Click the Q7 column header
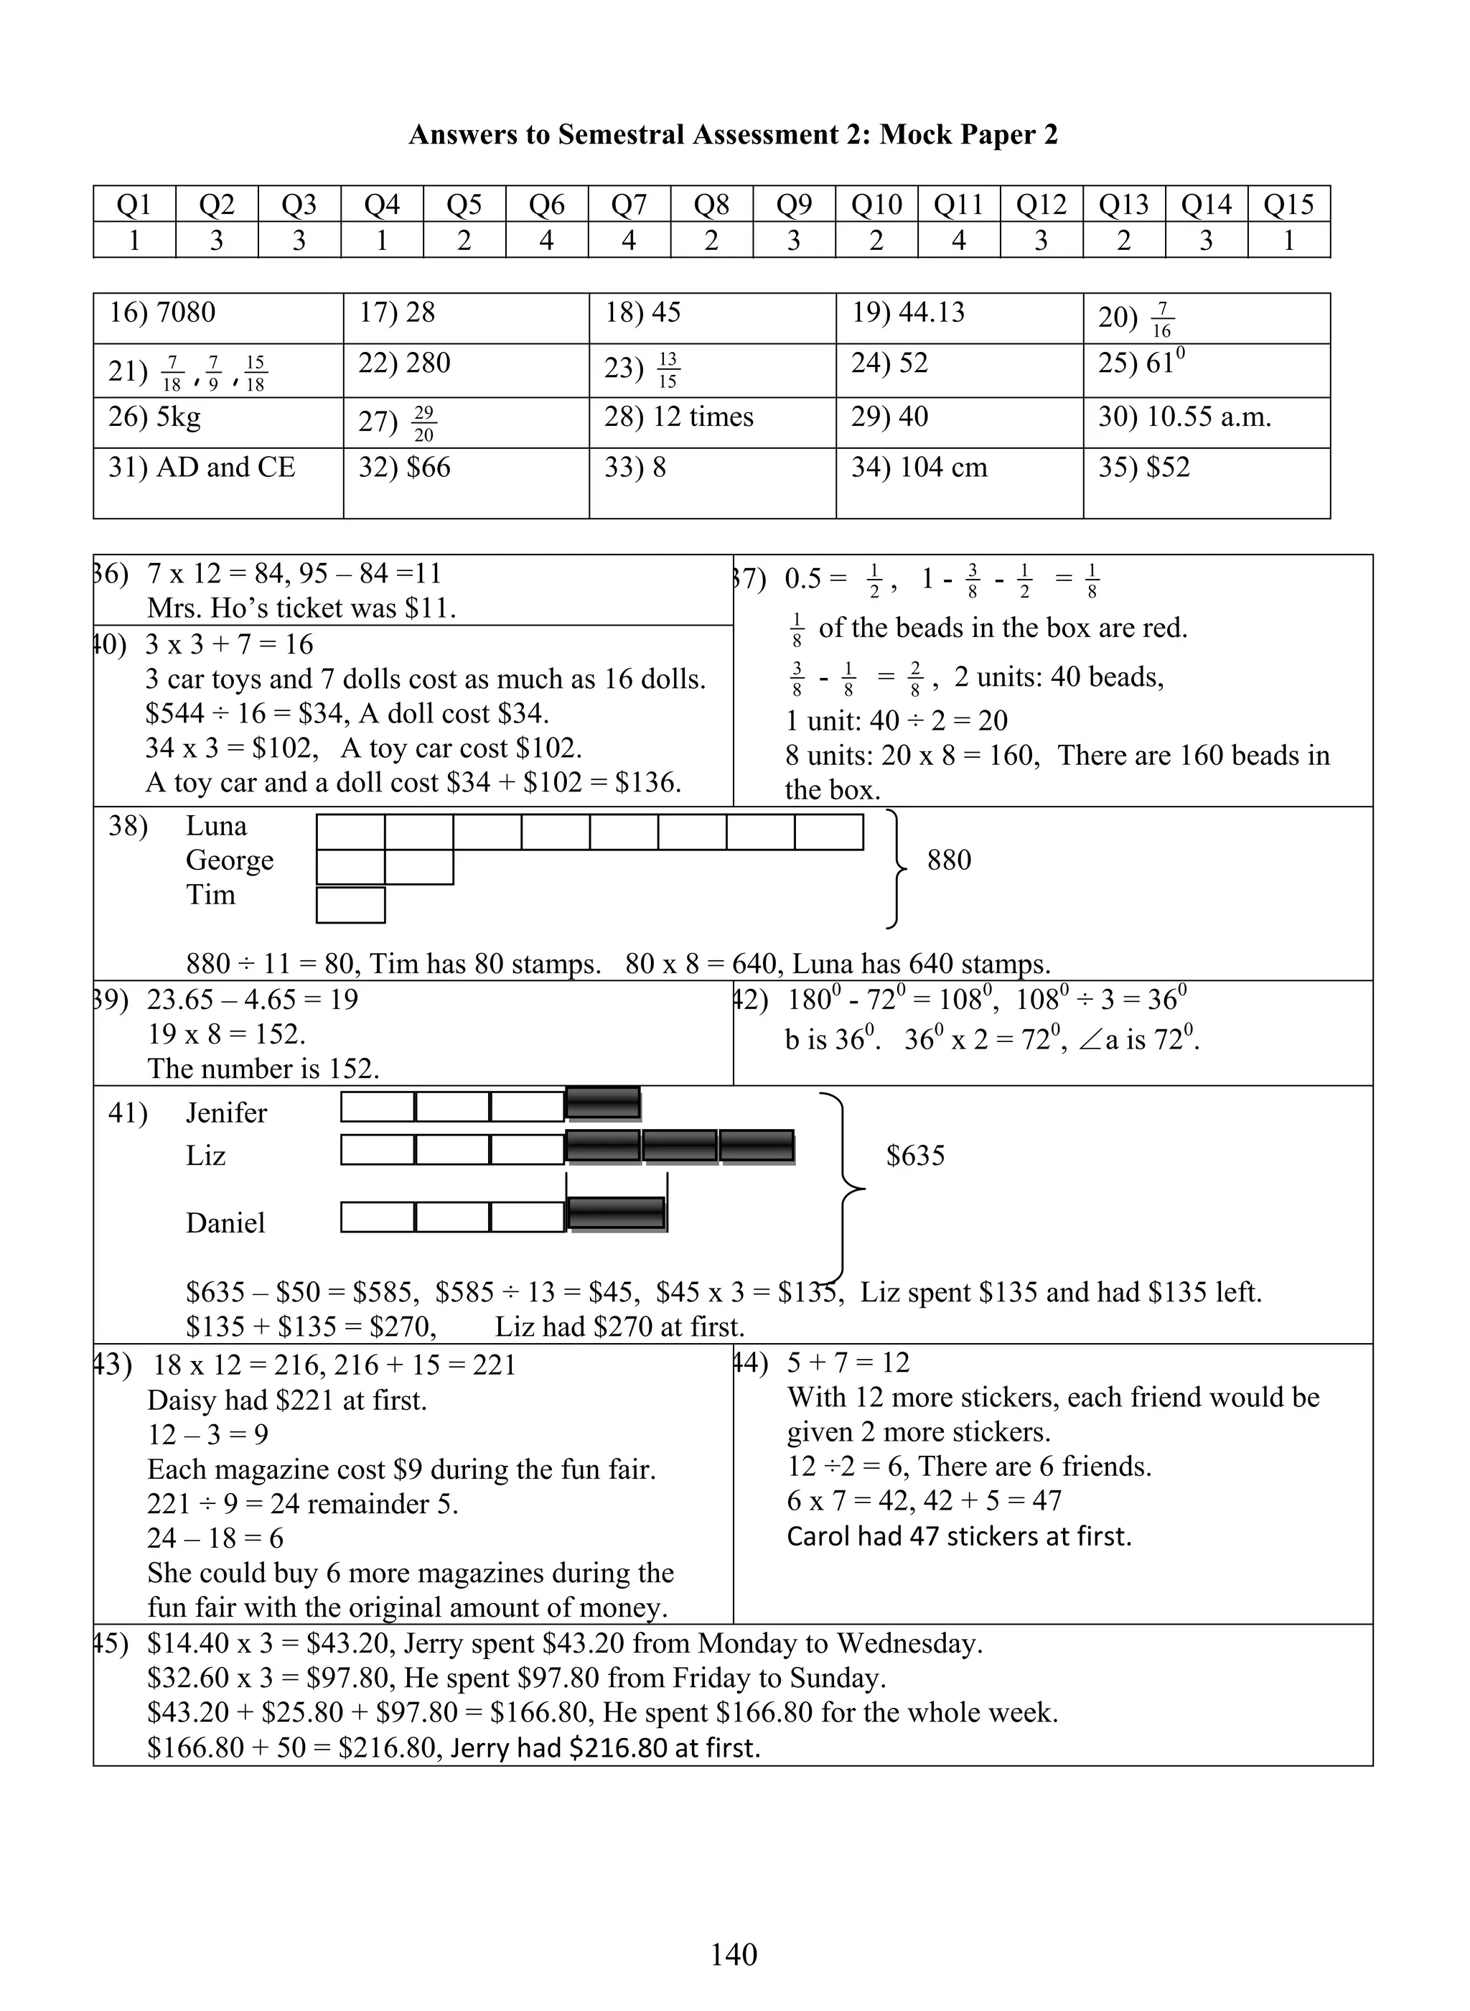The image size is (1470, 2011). click(x=628, y=205)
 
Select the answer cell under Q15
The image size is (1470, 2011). click(x=1288, y=241)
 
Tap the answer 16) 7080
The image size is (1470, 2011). click(x=162, y=312)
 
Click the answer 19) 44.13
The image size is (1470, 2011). click(x=908, y=312)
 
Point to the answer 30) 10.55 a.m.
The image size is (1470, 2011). click(x=1184, y=417)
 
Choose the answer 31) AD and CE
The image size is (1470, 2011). click(x=201, y=468)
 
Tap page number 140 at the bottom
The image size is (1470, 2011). click(x=734, y=1954)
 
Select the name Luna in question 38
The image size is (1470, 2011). click(x=216, y=826)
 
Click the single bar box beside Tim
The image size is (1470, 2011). click(x=350, y=906)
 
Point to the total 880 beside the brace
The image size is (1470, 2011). click(x=949, y=860)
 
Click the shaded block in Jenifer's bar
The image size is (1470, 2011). click(x=602, y=1103)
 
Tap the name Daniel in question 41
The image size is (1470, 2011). click(x=225, y=1222)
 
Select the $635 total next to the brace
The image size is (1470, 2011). click(x=914, y=1156)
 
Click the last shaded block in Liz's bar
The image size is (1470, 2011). click(x=757, y=1146)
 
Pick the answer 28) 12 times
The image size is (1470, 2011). click(x=678, y=417)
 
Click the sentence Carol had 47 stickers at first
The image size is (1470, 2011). click(x=958, y=1536)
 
